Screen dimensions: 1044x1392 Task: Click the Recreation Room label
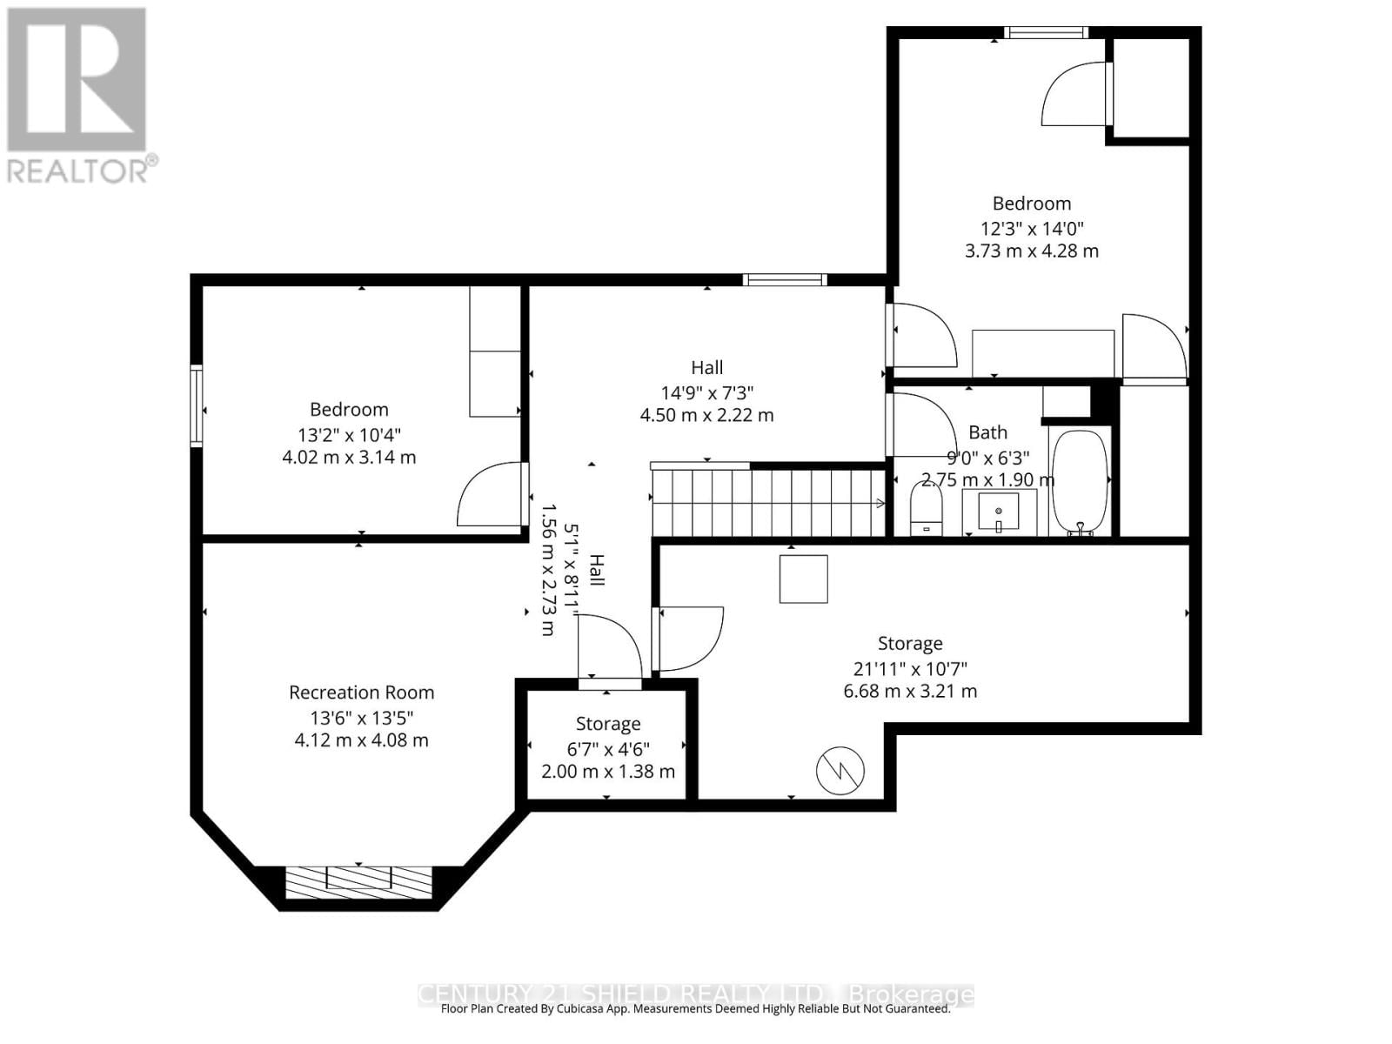(361, 693)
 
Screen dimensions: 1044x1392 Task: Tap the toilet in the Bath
(926, 508)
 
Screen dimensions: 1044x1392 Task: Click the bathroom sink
(999, 512)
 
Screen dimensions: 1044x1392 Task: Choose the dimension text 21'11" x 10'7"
(910, 669)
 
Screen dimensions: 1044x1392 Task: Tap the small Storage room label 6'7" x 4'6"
(608, 747)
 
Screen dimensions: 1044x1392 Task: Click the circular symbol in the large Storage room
(840, 770)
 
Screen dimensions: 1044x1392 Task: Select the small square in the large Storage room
(803, 579)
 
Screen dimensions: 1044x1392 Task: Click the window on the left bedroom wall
(197, 407)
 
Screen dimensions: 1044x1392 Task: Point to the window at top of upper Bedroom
(1045, 33)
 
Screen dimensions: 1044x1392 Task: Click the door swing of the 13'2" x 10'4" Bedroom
(492, 495)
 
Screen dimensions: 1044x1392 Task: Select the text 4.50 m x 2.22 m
(706, 415)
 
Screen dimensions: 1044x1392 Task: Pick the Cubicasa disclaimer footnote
(695, 1009)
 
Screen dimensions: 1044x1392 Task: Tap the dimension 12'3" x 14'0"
(1032, 229)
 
